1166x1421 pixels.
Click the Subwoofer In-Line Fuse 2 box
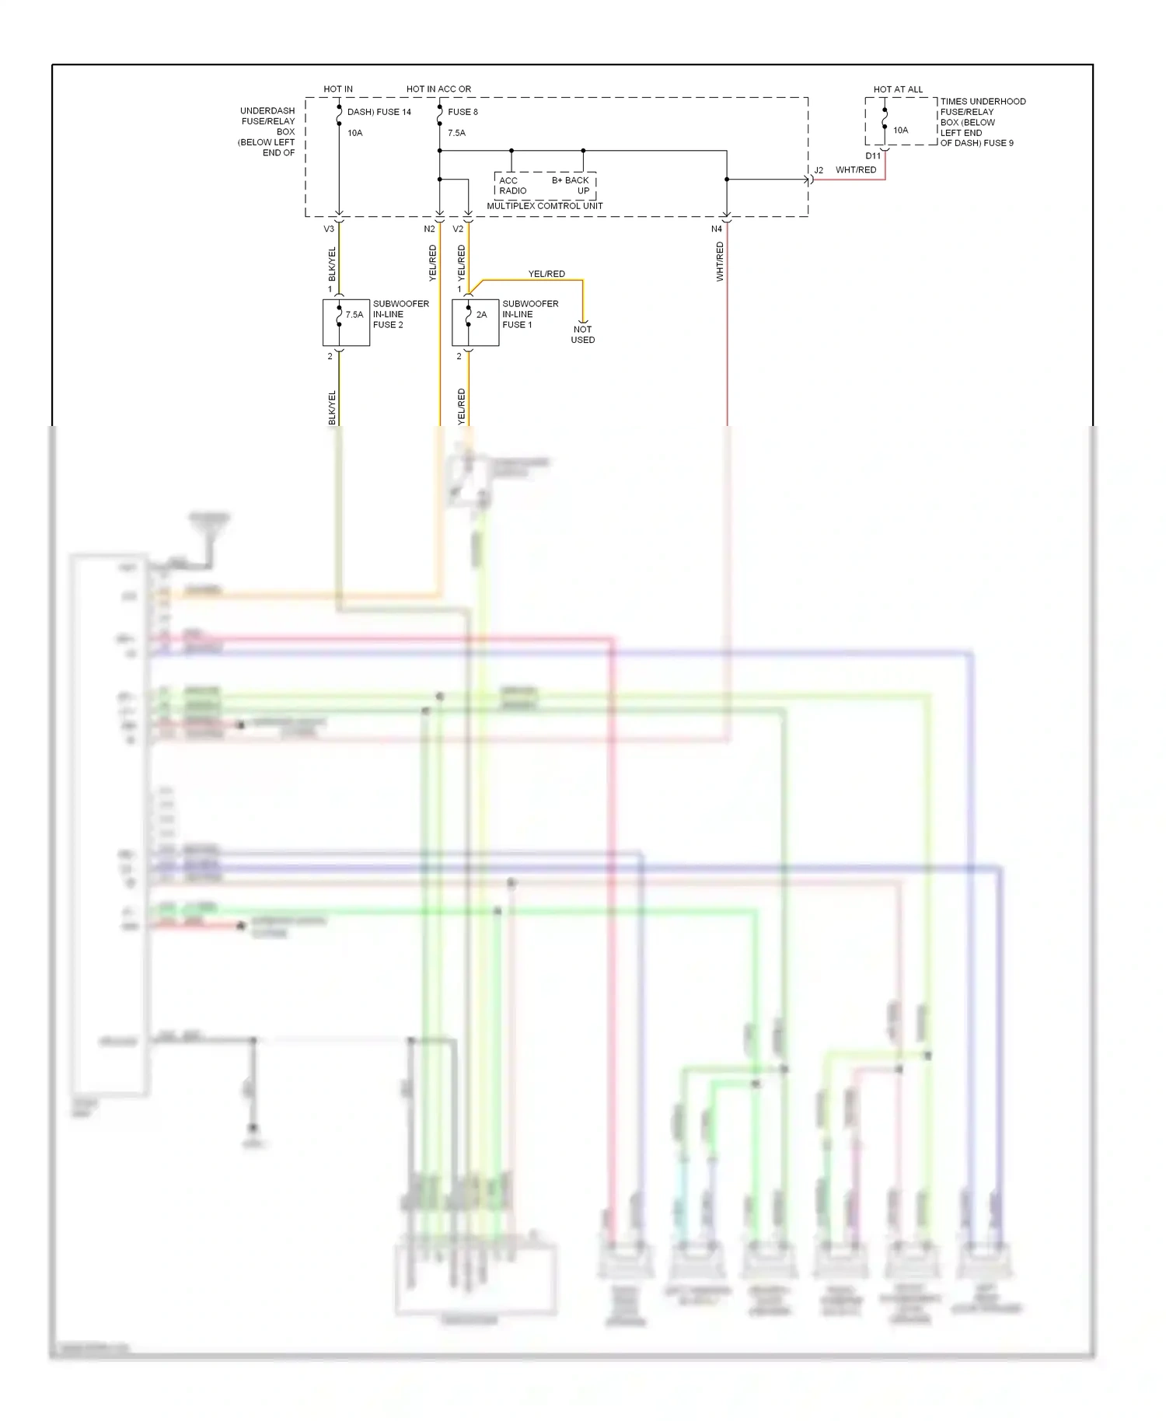(346, 323)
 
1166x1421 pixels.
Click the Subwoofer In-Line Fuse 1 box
(475, 323)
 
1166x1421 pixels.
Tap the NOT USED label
(582, 334)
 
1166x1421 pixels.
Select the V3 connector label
(329, 229)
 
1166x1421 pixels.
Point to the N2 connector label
(429, 229)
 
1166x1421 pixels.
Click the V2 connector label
(458, 229)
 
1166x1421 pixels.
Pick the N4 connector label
(716, 229)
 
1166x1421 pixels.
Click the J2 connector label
(819, 170)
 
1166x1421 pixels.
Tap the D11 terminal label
(873, 156)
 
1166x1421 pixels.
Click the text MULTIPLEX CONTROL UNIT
(544, 206)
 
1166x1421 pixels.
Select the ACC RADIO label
(511, 186)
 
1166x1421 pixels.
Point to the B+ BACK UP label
(571, 185)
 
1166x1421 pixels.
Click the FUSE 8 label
(463, 112)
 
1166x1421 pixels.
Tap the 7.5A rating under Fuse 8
(456, 133)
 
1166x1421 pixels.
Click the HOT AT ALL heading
(898, 89)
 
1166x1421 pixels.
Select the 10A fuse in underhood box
(900, 131)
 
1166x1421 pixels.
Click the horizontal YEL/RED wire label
(546, 274)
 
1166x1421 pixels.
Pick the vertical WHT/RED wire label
(720, 261)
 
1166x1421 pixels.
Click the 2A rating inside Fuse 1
(481, 315)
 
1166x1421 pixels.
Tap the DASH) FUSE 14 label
(379, 112)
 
